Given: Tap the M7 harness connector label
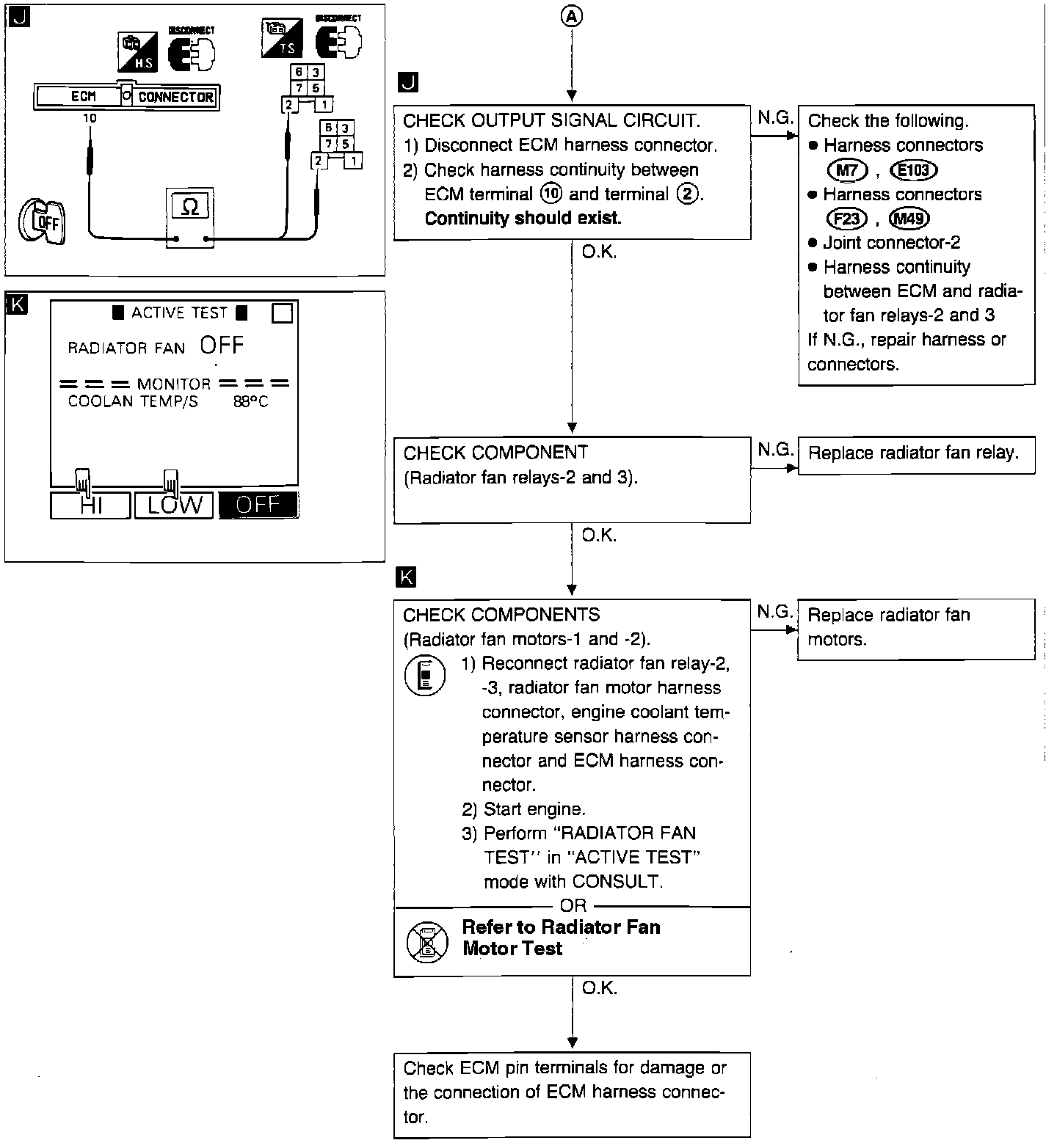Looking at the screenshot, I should [848, 170].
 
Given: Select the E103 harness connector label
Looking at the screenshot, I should [913, 170].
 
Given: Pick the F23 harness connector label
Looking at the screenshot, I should [847, 219].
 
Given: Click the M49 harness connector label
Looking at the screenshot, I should [909, 219].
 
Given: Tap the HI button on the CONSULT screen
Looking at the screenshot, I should [91, 505].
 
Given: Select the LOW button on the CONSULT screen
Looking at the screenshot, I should [174, 505].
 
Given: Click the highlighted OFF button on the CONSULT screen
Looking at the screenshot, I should [258, 505].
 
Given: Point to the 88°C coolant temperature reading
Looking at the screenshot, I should [251, 401].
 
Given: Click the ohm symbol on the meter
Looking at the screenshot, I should [189, 208].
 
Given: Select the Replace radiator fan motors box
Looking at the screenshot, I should [915, 628].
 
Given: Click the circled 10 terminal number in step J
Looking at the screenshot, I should [551, 194].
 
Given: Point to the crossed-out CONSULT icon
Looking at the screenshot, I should [426, 941].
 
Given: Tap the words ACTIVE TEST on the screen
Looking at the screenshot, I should [180, 313].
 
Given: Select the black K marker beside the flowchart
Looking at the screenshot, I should [404, 577].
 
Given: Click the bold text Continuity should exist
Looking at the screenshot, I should [523, 219].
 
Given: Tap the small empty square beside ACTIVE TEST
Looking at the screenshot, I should [282, 313].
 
